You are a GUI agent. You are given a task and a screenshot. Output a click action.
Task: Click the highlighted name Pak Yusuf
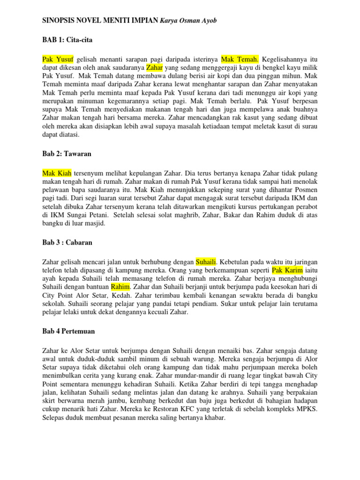coord(58,60)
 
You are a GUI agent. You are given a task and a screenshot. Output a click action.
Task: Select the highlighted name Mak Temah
coord(240,60)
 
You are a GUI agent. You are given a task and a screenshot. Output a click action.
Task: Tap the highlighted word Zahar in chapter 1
coord(154,68)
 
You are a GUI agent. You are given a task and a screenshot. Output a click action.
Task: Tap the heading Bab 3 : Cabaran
coord(67,242)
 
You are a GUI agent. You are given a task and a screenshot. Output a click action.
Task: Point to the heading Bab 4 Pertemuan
coord(68,331)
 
